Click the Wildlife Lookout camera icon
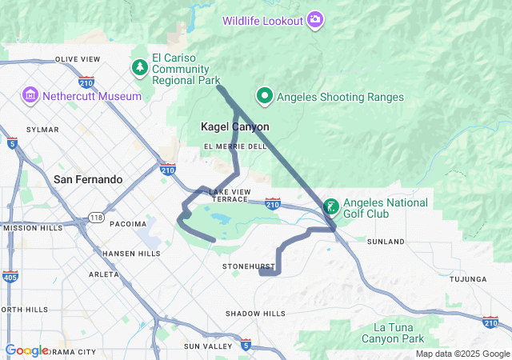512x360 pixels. tap(316, 19)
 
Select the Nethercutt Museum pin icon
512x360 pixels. tap(30, 96)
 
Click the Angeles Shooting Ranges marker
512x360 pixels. tap(264, 97)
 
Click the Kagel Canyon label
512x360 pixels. tap(234, 127)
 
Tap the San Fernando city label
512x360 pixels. tap(88, 179)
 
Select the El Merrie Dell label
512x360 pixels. tap(235, 146)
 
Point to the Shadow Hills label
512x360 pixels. tap(254, 314)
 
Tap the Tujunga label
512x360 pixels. tap(468, 279)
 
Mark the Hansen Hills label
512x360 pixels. tap(131, 253)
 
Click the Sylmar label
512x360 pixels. tap(43, 129)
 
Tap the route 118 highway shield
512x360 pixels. tap(96, 218)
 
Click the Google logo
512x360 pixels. tap(26, 350)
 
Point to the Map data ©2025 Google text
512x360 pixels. tap(462, 354)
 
